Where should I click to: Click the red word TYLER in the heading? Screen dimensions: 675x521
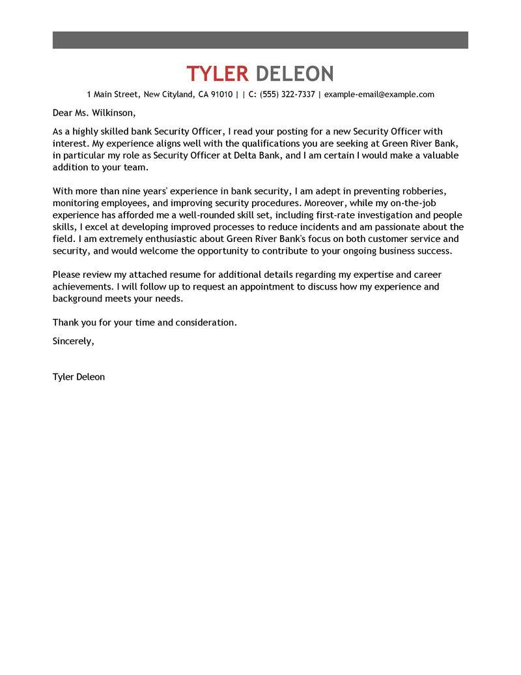[x=218, y=73]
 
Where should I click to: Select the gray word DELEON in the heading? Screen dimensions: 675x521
[x=294, y=73]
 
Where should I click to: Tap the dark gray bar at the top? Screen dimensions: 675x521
[x=260, y=39]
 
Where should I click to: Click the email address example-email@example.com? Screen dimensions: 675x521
[x=379, y=95]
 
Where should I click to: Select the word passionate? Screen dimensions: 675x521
[x=399, y=227]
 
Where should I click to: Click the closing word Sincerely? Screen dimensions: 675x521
[x=73, y=341]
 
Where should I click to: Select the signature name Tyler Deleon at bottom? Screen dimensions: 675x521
[x=78, y=377]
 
